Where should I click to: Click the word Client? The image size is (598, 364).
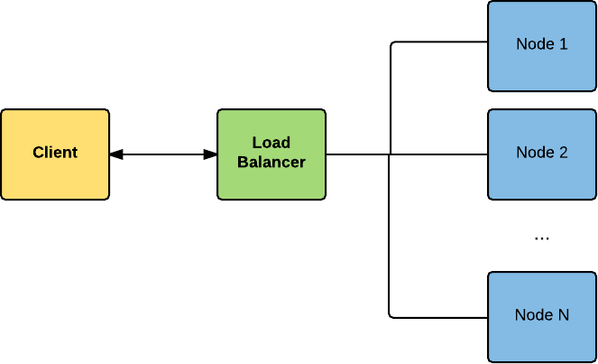coord(55,153)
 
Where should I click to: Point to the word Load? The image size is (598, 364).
coord(271,144)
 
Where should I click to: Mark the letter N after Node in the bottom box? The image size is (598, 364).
coord(563,314)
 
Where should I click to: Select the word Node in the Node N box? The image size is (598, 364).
coord(533,314)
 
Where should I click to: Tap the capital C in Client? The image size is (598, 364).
coord(38,153)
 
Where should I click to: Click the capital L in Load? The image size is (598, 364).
coord(256,144)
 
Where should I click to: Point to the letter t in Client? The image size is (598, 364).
coord(75,153)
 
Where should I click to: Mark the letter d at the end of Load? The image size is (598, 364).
coord(285,144)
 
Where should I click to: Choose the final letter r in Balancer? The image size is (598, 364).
coord(302,163)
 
